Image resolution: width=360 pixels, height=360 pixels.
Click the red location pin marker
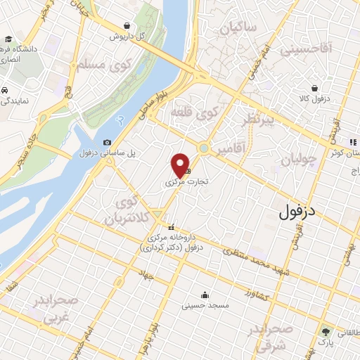pyautogui.click(x=180, y=166)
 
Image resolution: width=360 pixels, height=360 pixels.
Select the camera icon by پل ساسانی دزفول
pyautogui.click(x=107, y=143)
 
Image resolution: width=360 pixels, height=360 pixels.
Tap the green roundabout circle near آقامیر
pyautogui.click(x=204, y=148)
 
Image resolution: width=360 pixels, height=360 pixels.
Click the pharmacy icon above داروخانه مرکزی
pyautogui.click(x=171, y=226)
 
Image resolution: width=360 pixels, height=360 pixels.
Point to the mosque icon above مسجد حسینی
pyautogui.click(x=205, y=295)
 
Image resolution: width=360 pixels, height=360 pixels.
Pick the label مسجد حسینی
pyautogui.click(x=200, y=305)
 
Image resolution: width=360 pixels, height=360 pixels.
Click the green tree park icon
pyautogui.click(x=325, y=331)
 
